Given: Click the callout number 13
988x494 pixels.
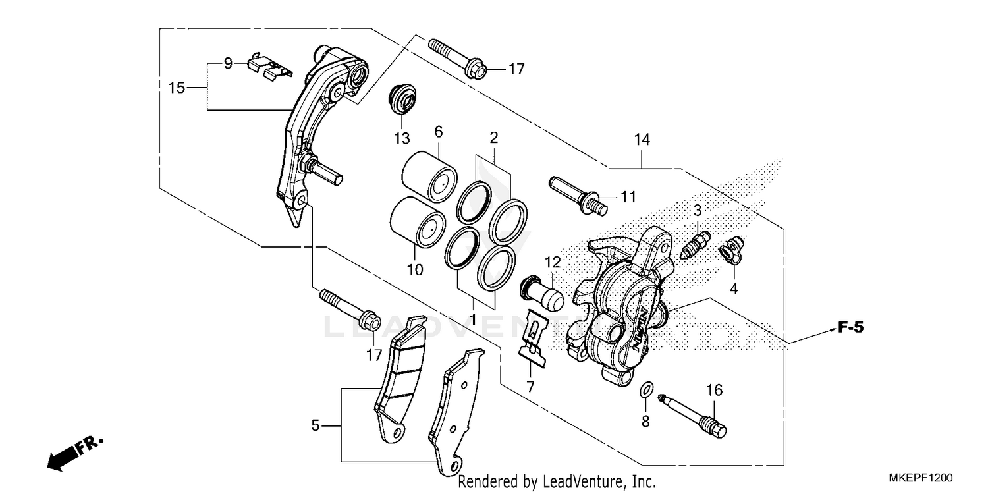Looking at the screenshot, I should pos(402,139).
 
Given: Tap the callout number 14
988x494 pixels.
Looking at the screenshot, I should pos(642,140).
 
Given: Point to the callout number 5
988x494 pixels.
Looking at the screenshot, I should pos(316,426).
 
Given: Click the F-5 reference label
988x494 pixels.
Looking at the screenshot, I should pos(850,327).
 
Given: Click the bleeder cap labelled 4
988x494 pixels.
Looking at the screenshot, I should pos(731,250).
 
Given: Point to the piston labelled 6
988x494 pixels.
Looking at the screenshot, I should pos(429,175).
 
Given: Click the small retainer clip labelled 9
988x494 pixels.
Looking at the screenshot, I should pos(267,66).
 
